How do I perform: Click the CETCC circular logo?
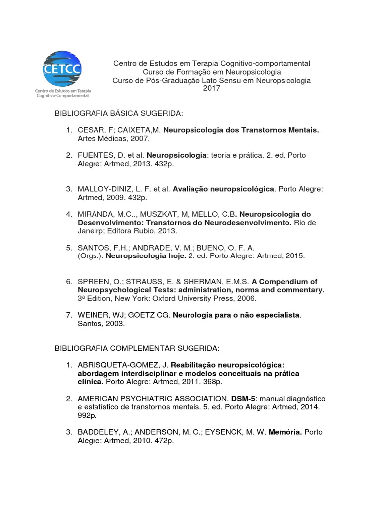point(63,69)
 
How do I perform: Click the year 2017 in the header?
point(211,88)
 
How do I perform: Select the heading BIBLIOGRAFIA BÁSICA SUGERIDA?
point(119,114)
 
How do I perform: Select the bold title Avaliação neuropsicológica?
point(223,189)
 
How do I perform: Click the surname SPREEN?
point(93,281)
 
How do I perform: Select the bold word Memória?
point(285,432)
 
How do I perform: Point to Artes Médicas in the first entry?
point(101,139)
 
